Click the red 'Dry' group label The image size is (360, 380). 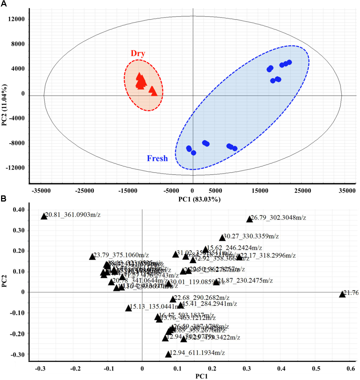(x=138, y=54)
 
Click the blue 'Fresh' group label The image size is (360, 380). (x=157, y=158)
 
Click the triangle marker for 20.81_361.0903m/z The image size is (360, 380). (x=44, y=216)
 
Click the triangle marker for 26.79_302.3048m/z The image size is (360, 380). (x=249, y=219)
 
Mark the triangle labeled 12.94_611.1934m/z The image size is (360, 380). (x=168, y=354)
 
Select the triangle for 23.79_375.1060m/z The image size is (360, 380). (x=92, y=257)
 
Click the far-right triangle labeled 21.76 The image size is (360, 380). (x=342, y=294)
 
